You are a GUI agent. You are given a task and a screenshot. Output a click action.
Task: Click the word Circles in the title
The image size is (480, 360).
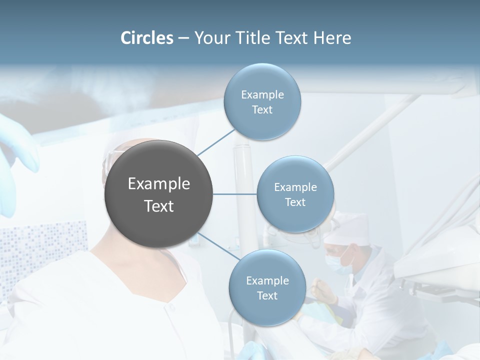146,38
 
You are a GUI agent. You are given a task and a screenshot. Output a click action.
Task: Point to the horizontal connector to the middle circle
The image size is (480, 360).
234,194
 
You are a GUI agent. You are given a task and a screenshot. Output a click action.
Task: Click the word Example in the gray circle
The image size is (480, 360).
158,184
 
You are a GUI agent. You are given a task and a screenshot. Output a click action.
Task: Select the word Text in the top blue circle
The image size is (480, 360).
262,110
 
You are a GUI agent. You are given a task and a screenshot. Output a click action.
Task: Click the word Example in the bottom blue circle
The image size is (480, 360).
267,280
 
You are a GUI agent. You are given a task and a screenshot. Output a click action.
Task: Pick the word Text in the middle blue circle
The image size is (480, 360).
295,202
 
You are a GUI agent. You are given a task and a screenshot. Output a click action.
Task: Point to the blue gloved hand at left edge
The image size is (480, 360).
15,150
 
